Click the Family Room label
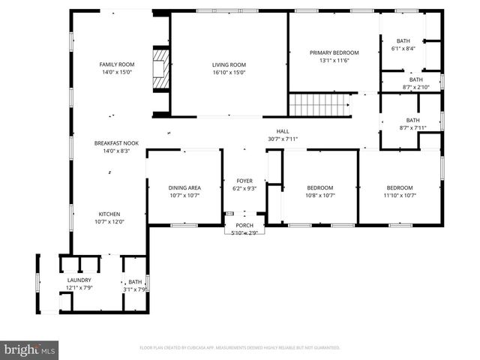[x=116, y=64]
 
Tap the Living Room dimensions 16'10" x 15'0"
[x=229, y=73]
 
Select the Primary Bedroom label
[x=334, y=52]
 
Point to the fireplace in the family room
[x=160, y=64]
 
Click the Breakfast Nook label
[x=116, y=142]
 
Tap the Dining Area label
[x=184, y=187]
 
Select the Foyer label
[x=245, y=180]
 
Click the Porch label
[x=245, y=225]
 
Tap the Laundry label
[x=79, y=280]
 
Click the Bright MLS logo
[x=30, y=349]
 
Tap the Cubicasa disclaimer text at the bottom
[x=240, y=348]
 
